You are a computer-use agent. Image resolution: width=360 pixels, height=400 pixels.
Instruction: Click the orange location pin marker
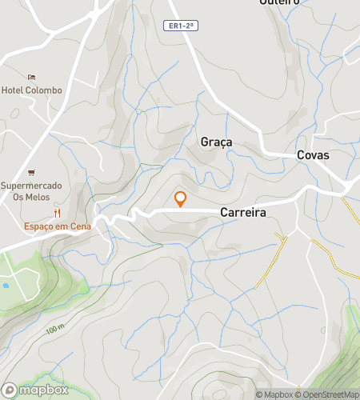[180, 198]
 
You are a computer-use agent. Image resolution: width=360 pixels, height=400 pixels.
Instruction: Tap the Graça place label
[216, 142]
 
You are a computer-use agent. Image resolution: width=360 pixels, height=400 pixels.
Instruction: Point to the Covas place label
[313, 155]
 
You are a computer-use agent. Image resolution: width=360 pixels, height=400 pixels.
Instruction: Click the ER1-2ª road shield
[180, 26]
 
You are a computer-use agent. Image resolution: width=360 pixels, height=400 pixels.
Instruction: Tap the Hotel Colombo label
[31, 90]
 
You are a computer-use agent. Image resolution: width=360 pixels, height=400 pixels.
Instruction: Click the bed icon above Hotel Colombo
[31, 78]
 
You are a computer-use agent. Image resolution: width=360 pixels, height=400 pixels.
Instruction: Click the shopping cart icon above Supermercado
[31, 172]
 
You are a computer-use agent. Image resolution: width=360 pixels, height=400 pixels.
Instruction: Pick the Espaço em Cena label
[57, 226]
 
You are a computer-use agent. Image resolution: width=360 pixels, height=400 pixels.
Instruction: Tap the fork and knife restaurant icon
[57, 213]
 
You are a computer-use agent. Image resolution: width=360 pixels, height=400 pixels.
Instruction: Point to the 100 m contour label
[54, 330]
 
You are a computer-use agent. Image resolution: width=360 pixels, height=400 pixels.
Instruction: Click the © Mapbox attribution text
[274, 394]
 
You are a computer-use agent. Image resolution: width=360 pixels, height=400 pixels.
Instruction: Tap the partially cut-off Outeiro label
[279, 2]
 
